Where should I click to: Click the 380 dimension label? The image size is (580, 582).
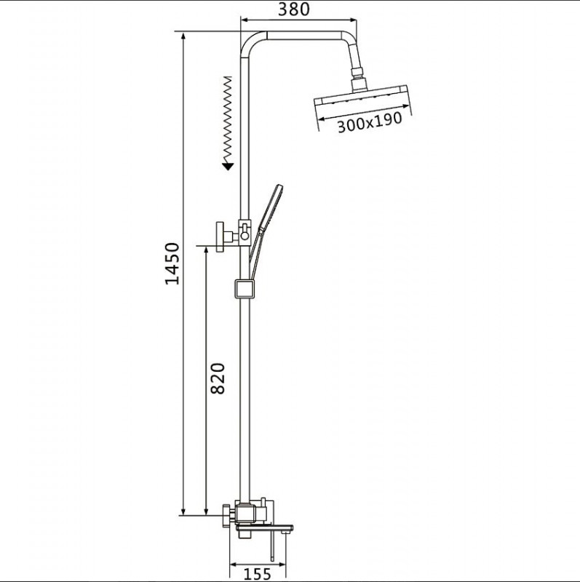click(294, 9)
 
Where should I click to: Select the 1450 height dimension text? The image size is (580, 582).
click(172, 263)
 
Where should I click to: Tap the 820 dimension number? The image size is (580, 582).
click(218, 378)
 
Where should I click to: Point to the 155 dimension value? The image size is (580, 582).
click(258, 574)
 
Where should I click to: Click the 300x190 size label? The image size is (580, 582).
click(370, 122)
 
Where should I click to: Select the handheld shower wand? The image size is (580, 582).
click(265, 231)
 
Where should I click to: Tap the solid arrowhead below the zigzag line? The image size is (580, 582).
click(228, 166)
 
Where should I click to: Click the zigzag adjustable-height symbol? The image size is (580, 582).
click(228, 119)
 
